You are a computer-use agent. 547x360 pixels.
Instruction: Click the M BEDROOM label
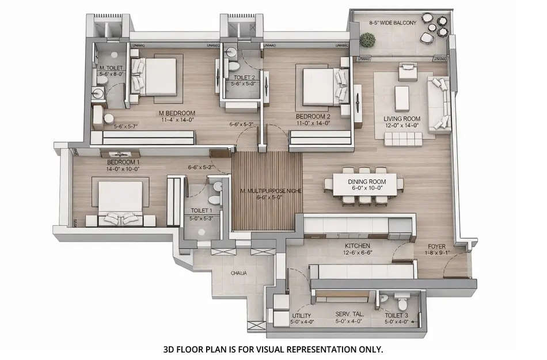pyautogui.click(x=177, y=113)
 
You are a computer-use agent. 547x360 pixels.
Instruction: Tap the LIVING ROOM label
pyautogui.click(x=402, y=119)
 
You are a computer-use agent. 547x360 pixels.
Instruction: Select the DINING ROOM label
pyautogui.click(x=367, y=181)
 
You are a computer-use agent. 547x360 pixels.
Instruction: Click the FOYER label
pyautogui.click(x=436, y=246)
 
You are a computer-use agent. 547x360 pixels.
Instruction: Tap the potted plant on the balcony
pyautogui.click(x=367, y=40)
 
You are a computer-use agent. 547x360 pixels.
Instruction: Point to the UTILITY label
pyautogui.click(x=302, y=316)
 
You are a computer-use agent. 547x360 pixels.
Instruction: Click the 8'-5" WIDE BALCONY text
pyautogui.click(x=393, y=24)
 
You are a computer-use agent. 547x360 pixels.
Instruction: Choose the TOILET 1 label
pyautogui.click(x=201, y=211)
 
